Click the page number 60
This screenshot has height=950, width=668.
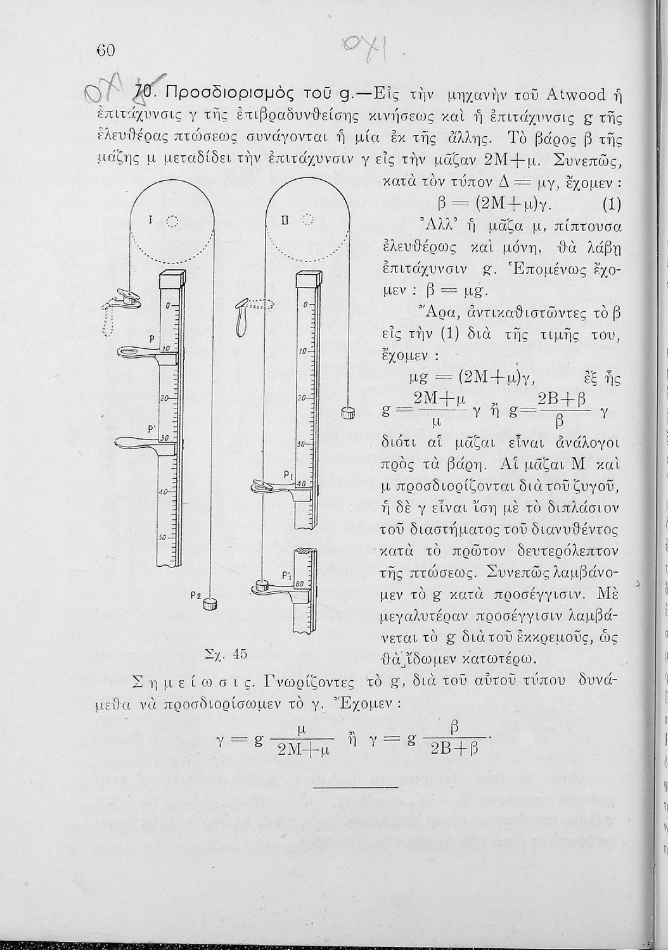(105, 50)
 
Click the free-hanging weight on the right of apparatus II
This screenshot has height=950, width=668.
(347, 413)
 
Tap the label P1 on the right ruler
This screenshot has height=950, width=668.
(286, 474)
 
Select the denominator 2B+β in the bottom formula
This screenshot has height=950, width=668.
(453, 749)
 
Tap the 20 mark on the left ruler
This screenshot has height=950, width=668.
(163, 399)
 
